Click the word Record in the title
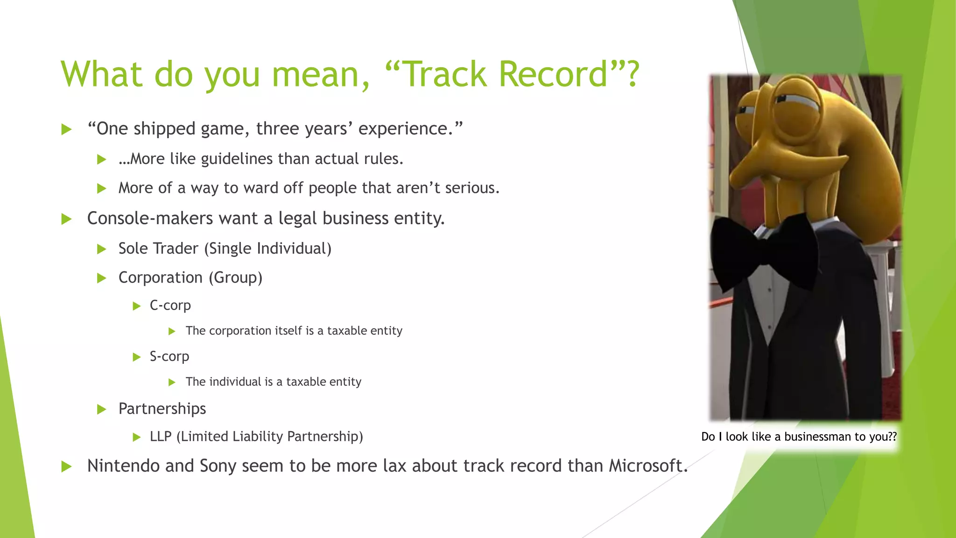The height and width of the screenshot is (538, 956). click(553, 74)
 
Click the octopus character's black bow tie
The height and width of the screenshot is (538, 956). click(766, 255)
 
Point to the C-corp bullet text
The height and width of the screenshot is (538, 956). click(170, 305)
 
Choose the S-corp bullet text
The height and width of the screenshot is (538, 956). click(169, 356)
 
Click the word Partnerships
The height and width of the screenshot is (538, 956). click(162, 409)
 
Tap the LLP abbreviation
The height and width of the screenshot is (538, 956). click(161, 437)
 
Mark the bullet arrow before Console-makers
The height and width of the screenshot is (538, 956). click(67, 219)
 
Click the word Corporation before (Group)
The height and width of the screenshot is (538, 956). click(160, 277)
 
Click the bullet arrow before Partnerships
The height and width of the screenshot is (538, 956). click(102, 410)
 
